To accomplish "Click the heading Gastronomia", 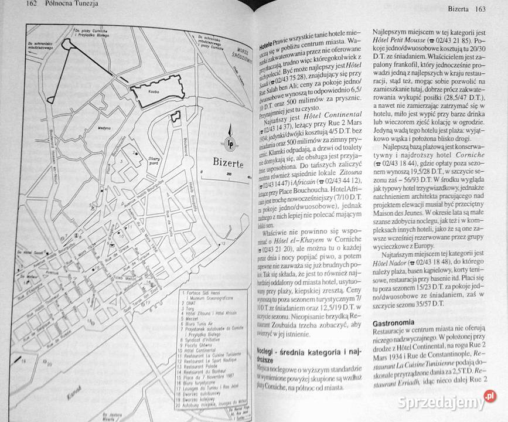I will click(x=402, y=324).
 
